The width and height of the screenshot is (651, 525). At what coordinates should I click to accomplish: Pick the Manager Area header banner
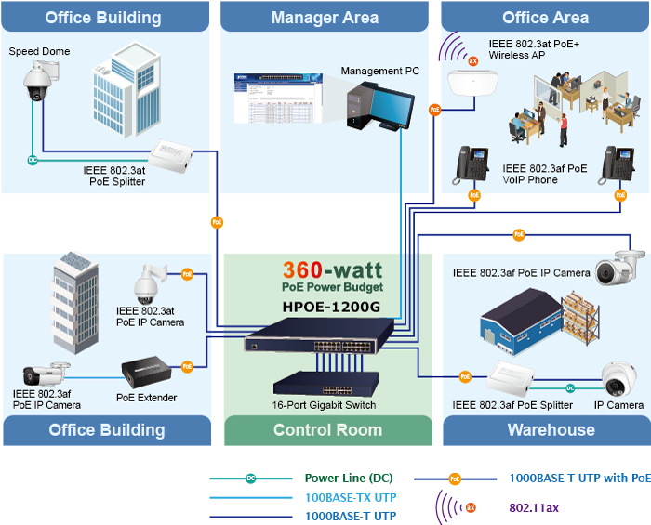click(325, 18)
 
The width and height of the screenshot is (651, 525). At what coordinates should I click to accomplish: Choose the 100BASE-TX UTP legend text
click(344, 498)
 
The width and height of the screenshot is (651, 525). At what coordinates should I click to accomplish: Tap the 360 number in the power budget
click(302, 270)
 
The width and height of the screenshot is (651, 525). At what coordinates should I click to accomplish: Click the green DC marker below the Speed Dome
click(33, 160)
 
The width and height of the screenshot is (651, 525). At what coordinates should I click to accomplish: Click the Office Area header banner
click(545, 18)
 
